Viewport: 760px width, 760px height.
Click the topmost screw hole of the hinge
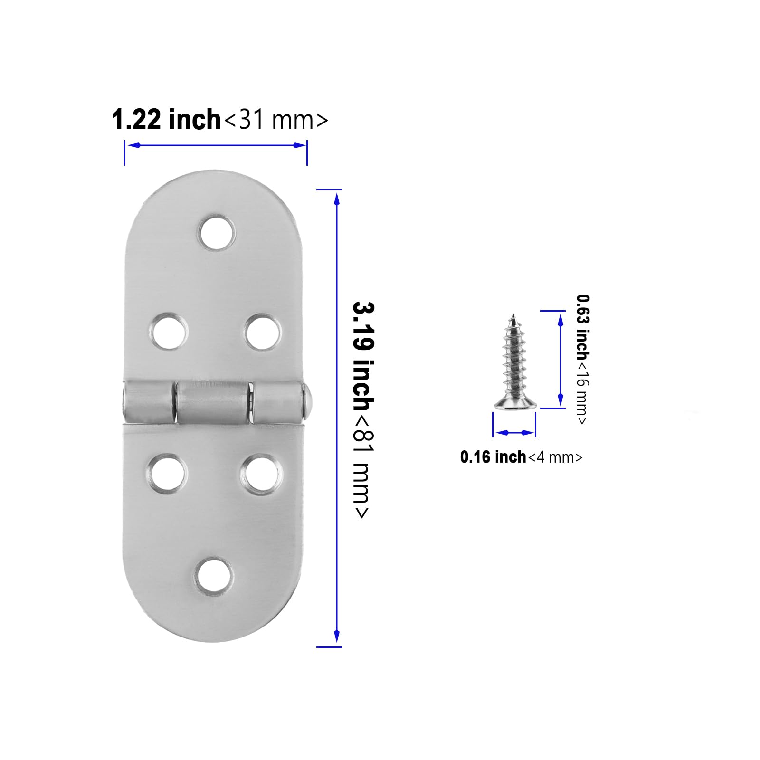[x=217, y=234]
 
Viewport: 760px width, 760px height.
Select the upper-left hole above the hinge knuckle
[x=168, y=331]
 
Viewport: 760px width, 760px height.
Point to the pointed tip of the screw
[x=513, y=315]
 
